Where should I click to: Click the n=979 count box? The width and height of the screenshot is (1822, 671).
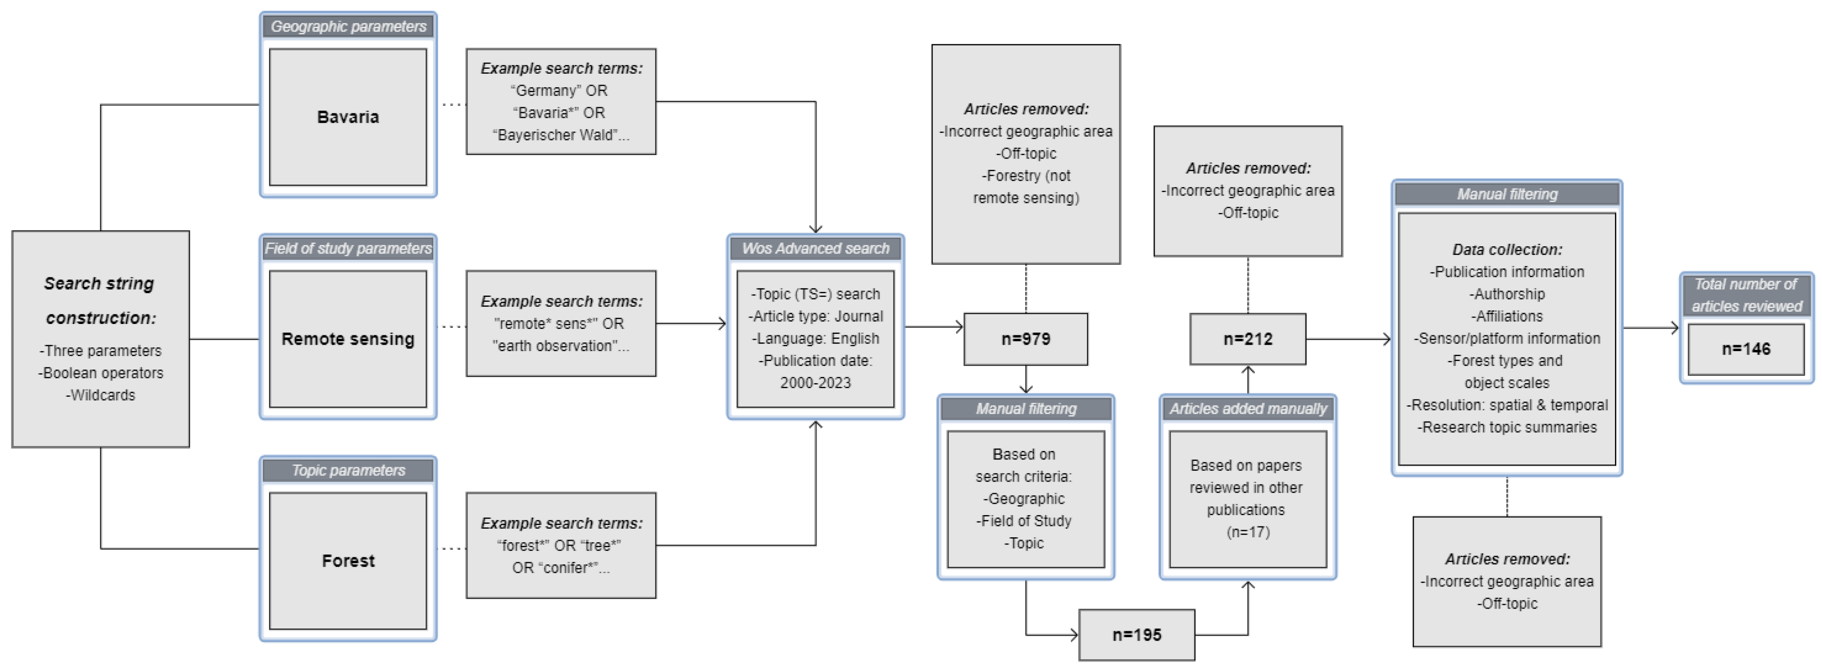tap(1025, 339)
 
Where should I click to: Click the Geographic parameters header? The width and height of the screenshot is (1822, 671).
tap(348, 26)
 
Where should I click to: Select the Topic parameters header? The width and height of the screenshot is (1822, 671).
tap(348, 470)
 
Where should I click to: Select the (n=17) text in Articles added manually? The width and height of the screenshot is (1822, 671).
tap(1248, 532)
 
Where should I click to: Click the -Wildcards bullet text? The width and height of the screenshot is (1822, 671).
tap(100, 395)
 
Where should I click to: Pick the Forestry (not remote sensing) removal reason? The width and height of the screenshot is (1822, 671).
tap(1025, 187)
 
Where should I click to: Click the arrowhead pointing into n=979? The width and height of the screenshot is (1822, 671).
tap(959, 327)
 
